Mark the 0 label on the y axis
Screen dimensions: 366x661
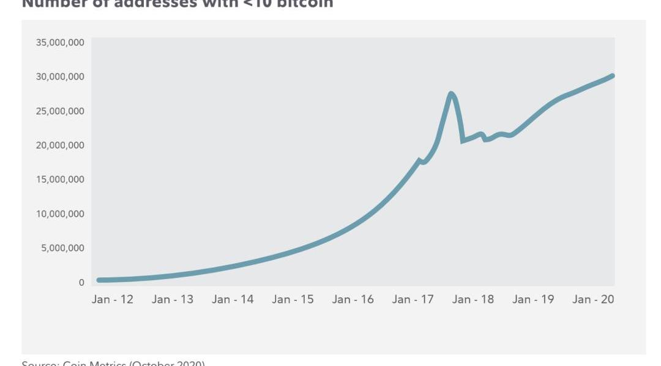(x=81, y=283)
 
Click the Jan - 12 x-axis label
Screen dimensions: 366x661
(x=113, y=299)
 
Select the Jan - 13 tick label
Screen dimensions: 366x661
(x=173, y=299)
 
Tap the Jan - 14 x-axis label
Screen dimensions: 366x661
(x=233, y=299)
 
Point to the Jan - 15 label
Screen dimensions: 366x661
(x=293, y=299)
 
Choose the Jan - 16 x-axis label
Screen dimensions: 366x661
(x=353, y=299)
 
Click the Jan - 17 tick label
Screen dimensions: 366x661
(x=413, y=299)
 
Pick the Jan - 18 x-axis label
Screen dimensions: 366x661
(x=473, y=299)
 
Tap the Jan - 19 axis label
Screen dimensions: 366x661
(x=533, y=299)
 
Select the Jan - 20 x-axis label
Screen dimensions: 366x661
(x=593, y=299)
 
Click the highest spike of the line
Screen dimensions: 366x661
(x=451, y=94)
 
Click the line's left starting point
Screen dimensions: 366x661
(x=99, y=280)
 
